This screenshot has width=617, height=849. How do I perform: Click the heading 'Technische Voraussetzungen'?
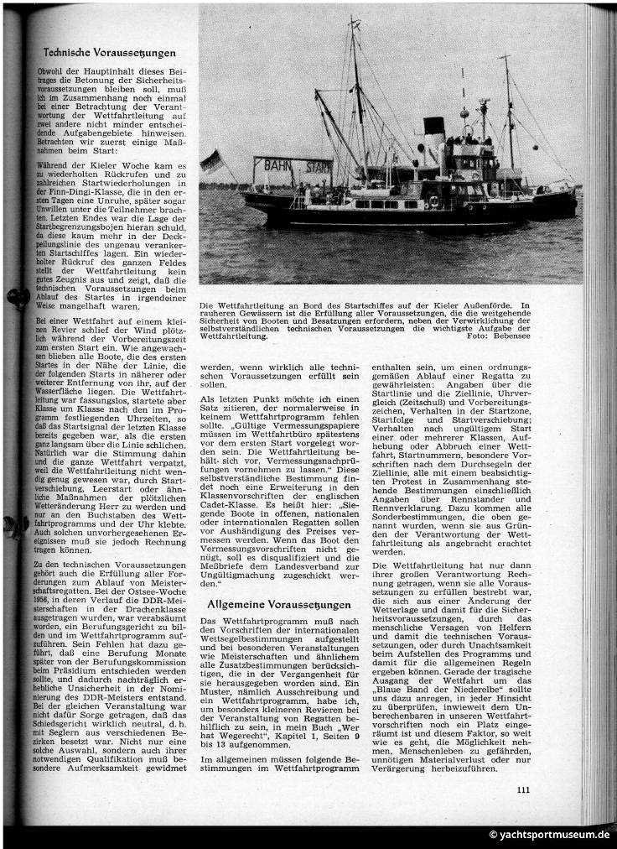[x=110, y=53]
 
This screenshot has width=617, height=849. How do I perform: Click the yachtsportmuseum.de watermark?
[x=550, y=834]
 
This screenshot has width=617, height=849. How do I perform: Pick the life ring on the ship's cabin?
[x=433, y=201]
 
